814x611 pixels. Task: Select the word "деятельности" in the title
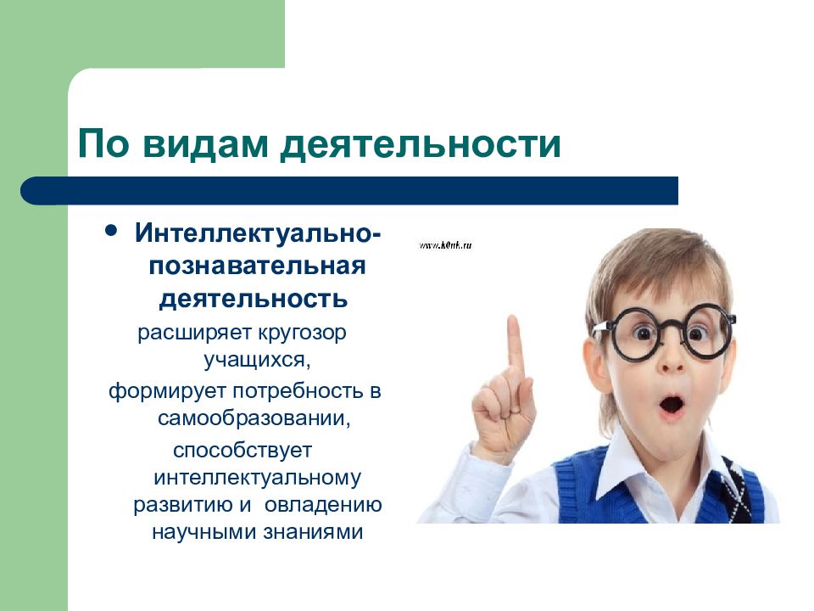pos(421,143)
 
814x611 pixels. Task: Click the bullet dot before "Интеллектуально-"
pos(111,231)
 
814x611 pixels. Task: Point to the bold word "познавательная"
pos(258,266)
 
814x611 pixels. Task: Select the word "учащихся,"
pos(258,360)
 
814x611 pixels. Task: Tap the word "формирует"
pos(163,391)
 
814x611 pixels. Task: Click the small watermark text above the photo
pos(444,245)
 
